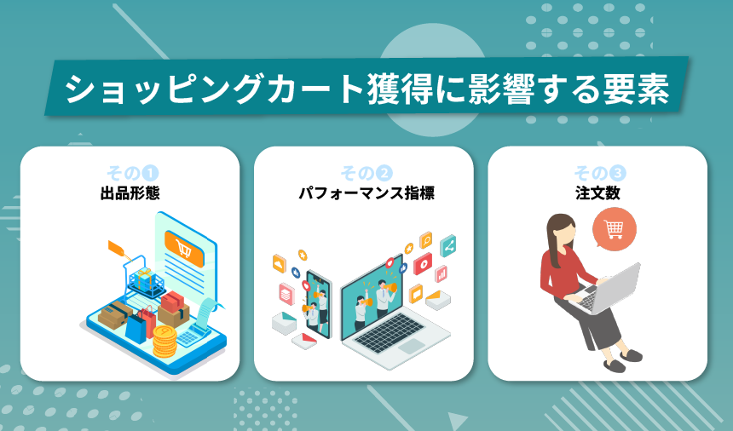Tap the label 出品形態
[x=130, y=193]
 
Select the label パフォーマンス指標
[x=366, y=193]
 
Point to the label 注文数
[x=597, y=193]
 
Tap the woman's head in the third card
[x=562, y=231]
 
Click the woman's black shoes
[x=622, y=359]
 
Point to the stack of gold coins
[x=164, y=342]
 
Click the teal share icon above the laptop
[x=448, y=246]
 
